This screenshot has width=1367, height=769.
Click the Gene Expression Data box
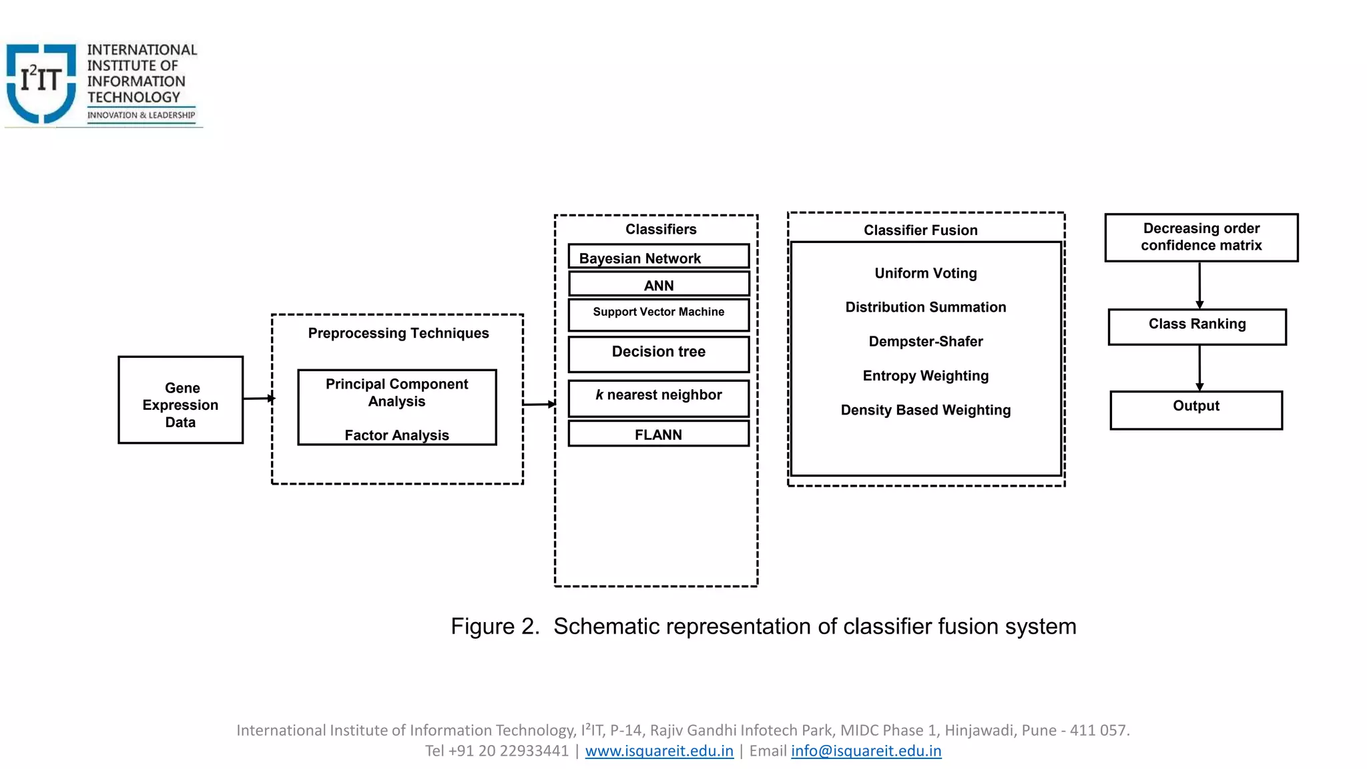click(180, 400)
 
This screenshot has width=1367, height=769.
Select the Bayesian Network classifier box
click(658, 257)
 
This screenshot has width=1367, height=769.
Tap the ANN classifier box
click(658, 284)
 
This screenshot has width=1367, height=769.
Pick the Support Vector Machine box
click(658, 314)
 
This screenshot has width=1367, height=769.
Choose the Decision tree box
click(658, 354)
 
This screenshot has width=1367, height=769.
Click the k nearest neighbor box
click(658, 398)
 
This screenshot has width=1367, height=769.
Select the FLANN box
click(658, 434)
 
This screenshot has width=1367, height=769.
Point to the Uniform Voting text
click(925, 273)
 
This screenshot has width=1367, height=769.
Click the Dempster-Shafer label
click(925, 341)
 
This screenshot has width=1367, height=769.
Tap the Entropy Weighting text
click(925, 376)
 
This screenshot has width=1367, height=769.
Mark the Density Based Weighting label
click(925, 410)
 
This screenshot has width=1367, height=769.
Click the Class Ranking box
click(1197, 326)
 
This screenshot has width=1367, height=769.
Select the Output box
click(1195, 410)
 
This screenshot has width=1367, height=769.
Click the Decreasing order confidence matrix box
click(1201, 237)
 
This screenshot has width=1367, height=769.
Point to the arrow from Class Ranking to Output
click(1199, 366)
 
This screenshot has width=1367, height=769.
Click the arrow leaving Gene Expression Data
click(258, 399)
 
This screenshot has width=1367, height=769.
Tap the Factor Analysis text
click(396, 435)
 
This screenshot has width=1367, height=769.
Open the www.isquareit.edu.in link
click(659, 751)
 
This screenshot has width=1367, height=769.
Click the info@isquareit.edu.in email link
click(866, 751)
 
